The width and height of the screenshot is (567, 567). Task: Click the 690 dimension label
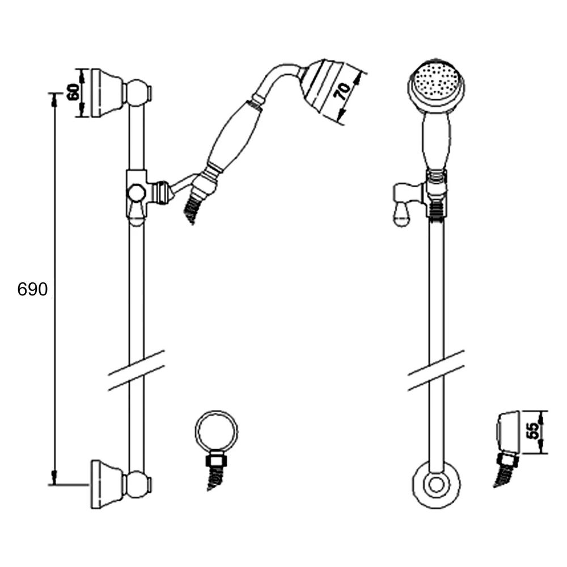click(x=33, y=290)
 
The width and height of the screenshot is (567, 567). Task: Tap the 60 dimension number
click(x=73, y=92)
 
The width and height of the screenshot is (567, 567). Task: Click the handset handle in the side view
click(x=234, y=136)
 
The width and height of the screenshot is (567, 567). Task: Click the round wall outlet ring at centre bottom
click(x=217, y=431)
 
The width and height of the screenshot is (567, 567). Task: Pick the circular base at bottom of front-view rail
click(x=436, y=485)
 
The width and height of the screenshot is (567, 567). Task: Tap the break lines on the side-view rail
click(x=136, y=370)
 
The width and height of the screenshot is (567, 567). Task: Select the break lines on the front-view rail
click(x=436, y=370)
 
